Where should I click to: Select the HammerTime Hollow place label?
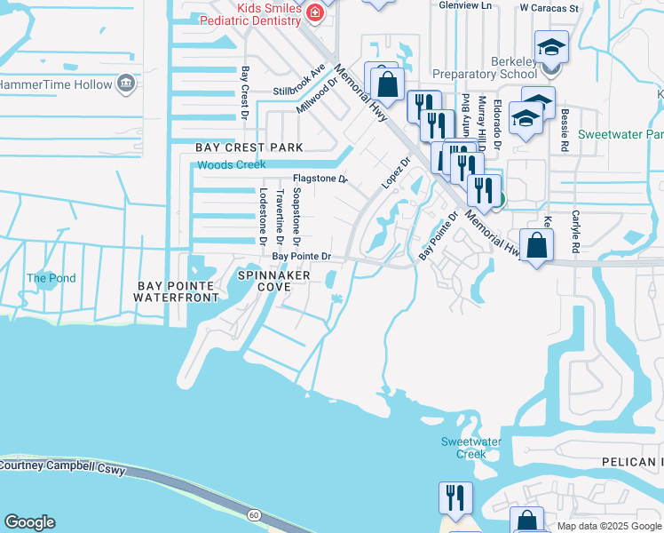click(x=55, y=84)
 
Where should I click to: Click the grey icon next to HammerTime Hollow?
click(x=126, y=84)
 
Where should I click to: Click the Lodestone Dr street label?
click(x=263, y=211)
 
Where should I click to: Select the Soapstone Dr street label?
click(x=297, y=216)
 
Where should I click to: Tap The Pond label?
click(x=51, y=278)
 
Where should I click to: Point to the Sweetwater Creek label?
click(x=464, y=448)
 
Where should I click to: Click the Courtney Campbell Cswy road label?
click(x=61, y=465)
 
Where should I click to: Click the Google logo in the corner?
click(x=29, y=522)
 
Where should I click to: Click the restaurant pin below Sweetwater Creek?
click(x=455, y=499)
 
